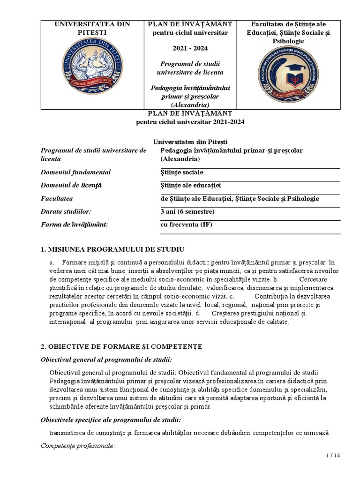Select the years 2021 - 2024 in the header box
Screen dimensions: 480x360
tap(190, 48)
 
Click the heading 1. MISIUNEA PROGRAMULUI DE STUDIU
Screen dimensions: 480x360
tap(112, 248)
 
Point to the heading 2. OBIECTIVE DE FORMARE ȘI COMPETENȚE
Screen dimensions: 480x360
tap(121, 346)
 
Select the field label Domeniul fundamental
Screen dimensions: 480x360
tap(76, 172)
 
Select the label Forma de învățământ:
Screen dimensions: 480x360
tap(75, 225)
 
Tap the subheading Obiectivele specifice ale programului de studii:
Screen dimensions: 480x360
tap(111, 420)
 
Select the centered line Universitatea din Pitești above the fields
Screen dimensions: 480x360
tap(190, 142)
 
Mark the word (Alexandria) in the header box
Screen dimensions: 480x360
tap(190, 105)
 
